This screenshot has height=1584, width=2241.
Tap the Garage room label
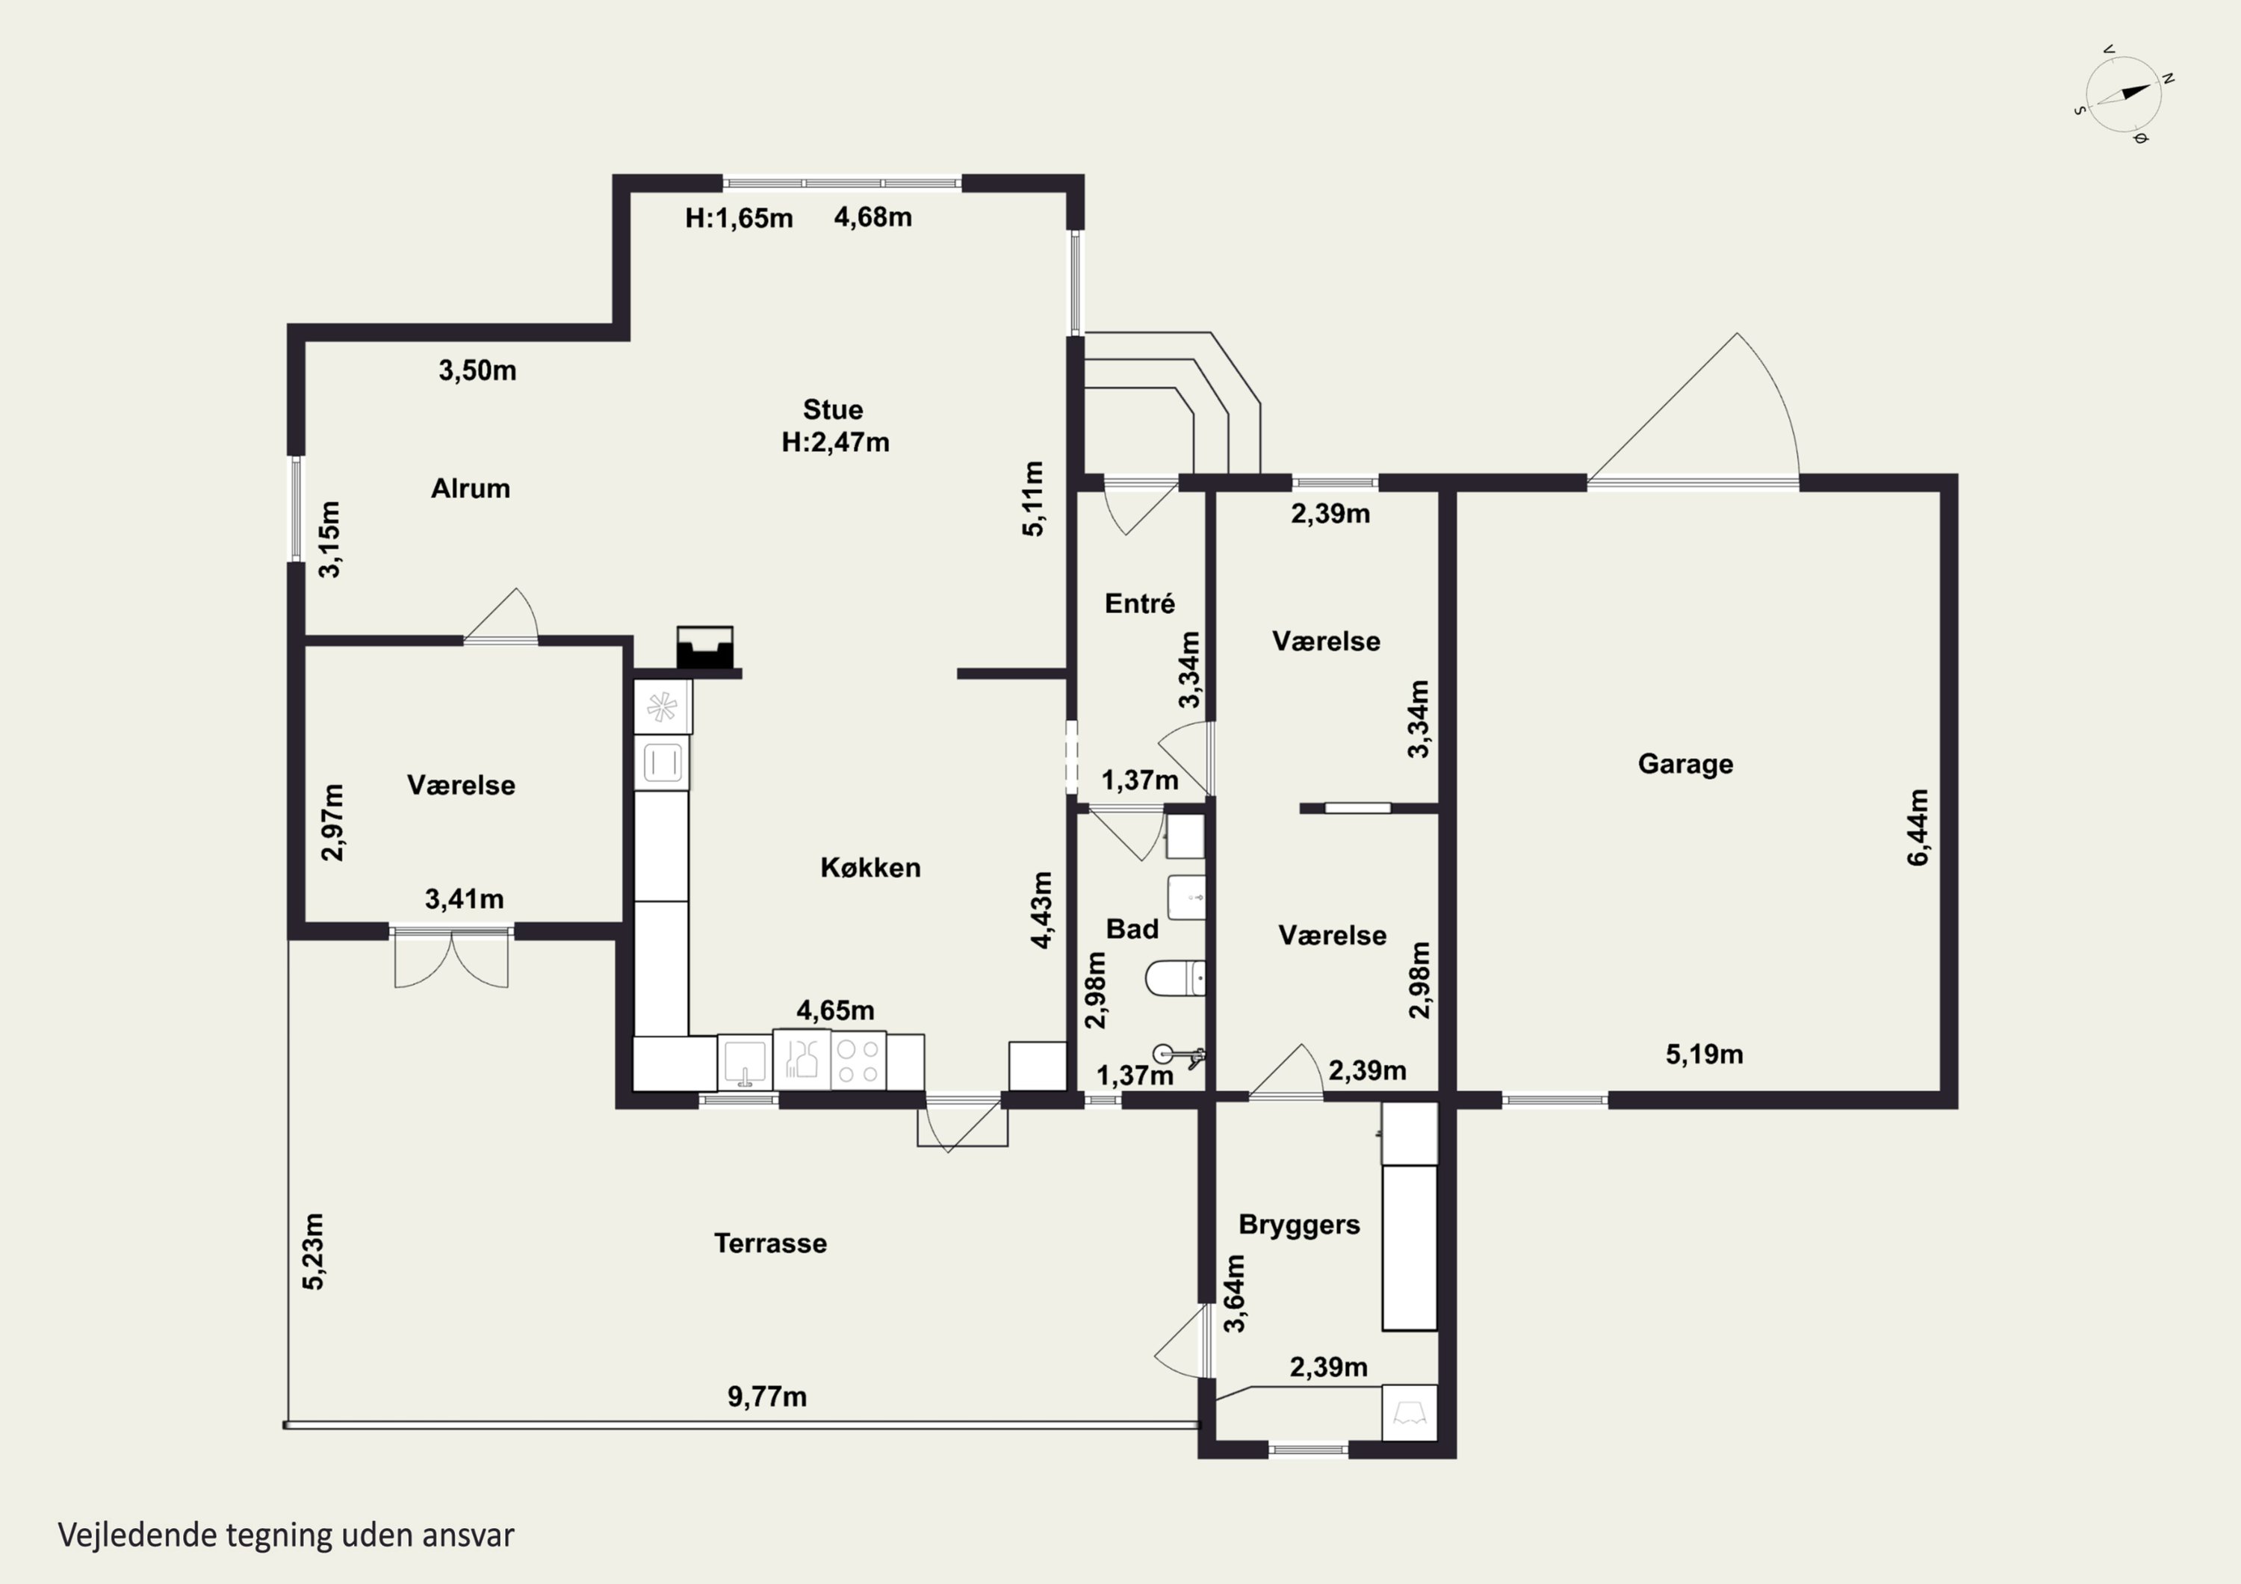(x=1686, y=763)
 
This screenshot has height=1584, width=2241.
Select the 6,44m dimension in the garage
(x=1918, y=827)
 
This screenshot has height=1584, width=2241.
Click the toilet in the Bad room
(x=1175, y=978)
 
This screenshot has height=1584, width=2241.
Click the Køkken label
(x=870, y=868)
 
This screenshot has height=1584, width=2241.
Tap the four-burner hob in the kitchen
(x=858, y=1061)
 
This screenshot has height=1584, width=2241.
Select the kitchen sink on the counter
(x=745, y=1062)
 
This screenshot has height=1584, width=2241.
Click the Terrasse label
(x=770, y=1243)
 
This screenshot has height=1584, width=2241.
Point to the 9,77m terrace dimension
(x=767, y=1397)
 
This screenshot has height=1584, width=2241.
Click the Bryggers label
(x=1299, y=1225)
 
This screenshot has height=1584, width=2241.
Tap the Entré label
(x=1139, y=603)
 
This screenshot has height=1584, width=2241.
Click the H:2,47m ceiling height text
(x=835, y=442)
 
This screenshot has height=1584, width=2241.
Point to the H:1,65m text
(x=739, y=217)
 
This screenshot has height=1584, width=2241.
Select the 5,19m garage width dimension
(x=1704, y=1054)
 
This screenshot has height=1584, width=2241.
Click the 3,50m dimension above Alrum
(x=477, y=371)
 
